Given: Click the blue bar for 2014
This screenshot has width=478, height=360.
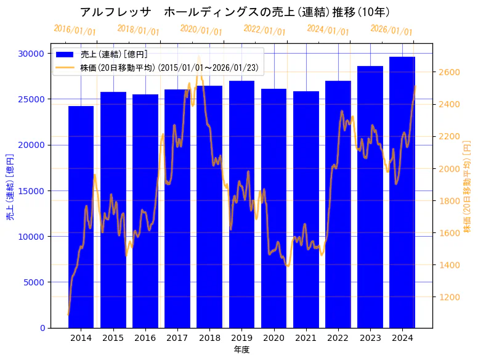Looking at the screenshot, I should pos(81,216).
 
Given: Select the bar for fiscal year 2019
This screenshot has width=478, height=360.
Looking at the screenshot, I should pos(241,204).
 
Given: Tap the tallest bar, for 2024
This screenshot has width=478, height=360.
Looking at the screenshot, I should pos(402,192).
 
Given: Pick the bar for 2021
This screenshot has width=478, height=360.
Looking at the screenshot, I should pos(306,209).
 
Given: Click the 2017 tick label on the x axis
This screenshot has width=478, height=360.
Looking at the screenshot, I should pos(177,338).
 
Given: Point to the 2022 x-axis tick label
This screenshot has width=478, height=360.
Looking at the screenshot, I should pos(338,338).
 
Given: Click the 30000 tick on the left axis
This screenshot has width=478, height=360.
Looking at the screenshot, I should pos(33,54).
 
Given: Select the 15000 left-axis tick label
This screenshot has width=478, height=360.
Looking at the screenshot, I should pos(33,190).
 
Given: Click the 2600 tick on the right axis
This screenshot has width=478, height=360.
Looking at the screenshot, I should pos(448,72).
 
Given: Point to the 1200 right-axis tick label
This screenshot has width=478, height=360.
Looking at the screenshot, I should pos(448,297).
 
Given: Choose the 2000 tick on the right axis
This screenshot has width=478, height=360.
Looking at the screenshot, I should pos(448,169).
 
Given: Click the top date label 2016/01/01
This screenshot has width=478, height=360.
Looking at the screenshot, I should pos(75,30).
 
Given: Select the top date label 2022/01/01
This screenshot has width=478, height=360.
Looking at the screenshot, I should pos(264,30).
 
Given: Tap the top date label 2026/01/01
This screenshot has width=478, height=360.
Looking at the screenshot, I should pos(391,30).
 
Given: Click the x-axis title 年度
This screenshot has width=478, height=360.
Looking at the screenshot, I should pos(241,350).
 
